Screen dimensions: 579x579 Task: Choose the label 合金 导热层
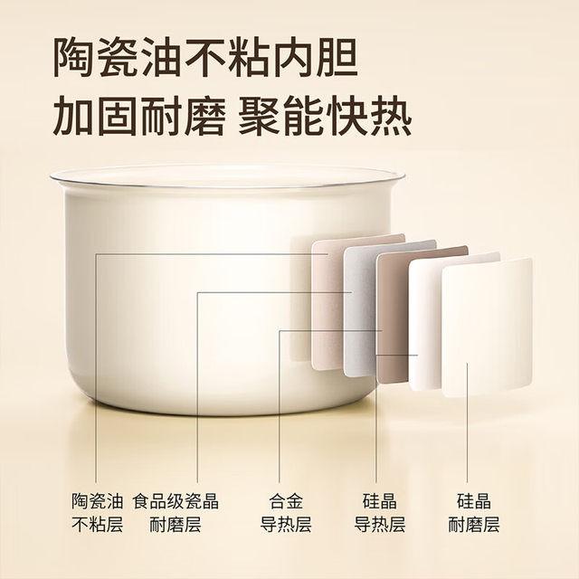coord(281,512)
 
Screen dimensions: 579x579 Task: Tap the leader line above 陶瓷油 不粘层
coord(96,380)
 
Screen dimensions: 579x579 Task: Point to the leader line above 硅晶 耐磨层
coord(469,434)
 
